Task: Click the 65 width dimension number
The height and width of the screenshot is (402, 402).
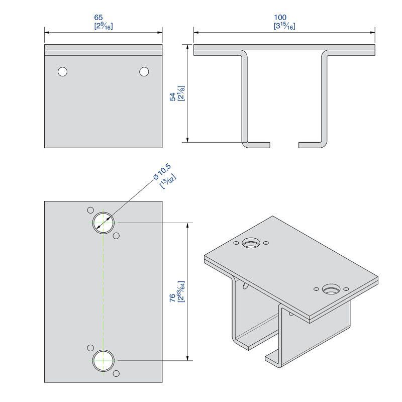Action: pos(98,18)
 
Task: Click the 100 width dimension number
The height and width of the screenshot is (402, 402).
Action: pos(280,18)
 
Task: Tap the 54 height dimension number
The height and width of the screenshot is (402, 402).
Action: pos(173,96)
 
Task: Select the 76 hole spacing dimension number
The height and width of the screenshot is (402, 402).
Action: pos(172,297)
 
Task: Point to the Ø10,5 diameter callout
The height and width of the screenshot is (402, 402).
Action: pos(162,171)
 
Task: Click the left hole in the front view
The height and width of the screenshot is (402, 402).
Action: pos(62,71)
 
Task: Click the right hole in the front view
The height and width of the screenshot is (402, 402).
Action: pos(144,71)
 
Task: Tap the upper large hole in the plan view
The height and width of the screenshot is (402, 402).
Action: pos(103,223)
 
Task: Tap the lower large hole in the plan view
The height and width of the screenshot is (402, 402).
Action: pos(103,360)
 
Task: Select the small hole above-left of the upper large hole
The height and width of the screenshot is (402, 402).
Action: pos(90,210)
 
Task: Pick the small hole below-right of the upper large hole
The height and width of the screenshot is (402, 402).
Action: pos(116,236)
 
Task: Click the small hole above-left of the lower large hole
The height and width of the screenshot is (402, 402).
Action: pos(90,348)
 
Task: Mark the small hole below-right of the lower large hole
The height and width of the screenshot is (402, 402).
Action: pos(116,373)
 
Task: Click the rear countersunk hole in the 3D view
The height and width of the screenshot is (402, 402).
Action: pos(251,243)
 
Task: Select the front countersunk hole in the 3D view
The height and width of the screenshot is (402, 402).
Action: pos(331,289)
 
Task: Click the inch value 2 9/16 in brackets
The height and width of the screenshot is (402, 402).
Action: pos(104,26)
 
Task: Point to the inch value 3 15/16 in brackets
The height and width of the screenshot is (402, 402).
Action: pos(284,26)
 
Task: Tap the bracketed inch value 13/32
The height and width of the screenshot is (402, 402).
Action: pos(168,181)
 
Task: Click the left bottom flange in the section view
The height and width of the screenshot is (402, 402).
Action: pos(257,145)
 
